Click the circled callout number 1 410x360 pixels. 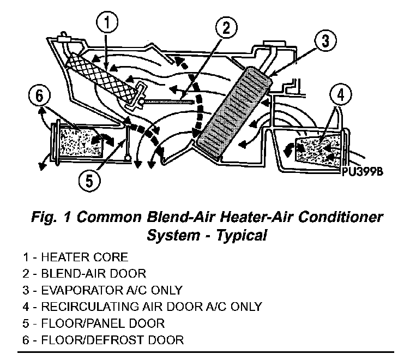[108, 22]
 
